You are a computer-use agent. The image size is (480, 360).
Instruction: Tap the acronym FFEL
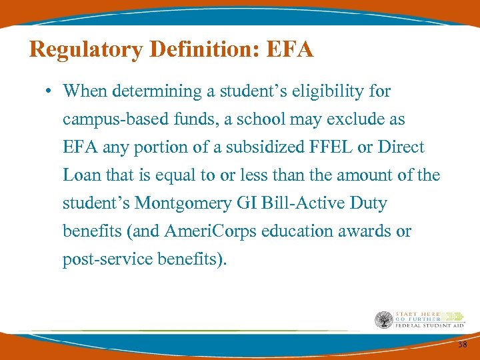[326, 147]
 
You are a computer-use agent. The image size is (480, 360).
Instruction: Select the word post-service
[101, 259]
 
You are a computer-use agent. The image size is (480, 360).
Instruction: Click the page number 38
[462, 345]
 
